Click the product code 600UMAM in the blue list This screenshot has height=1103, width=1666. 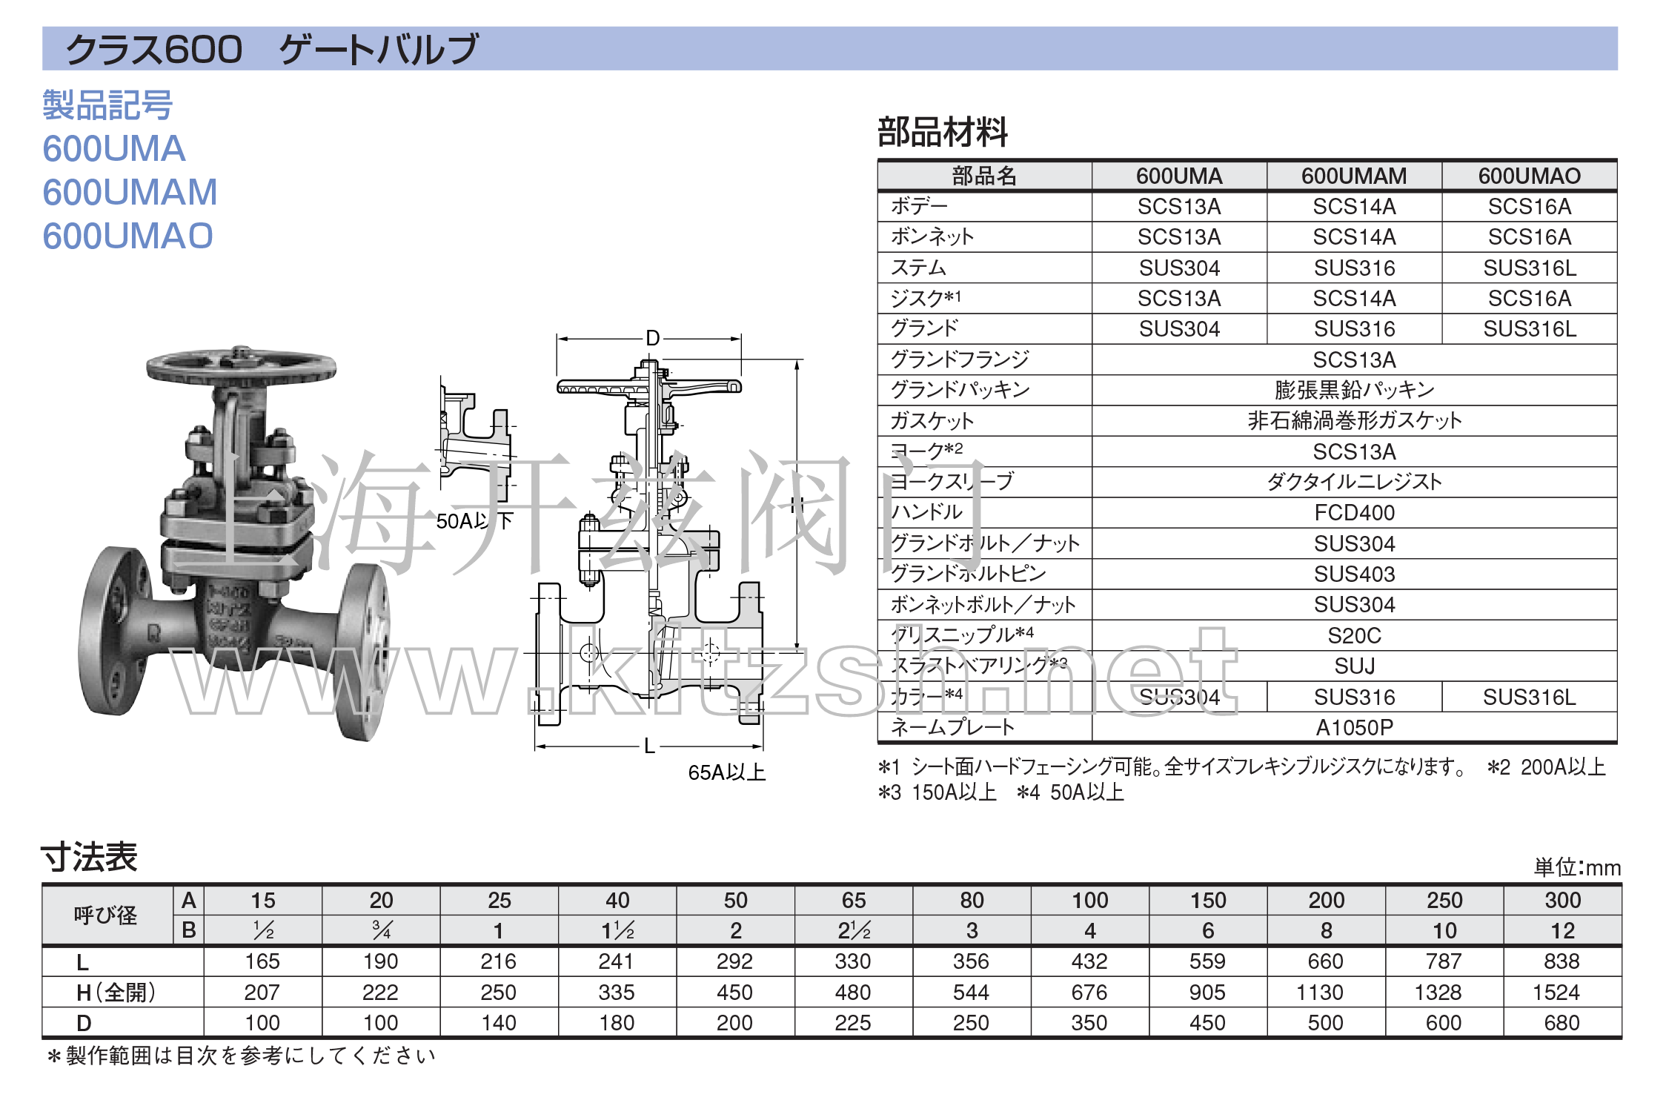click(130, 193)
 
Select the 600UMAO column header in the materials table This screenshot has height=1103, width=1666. click(1529, 176)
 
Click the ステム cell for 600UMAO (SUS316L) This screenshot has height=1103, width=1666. click(1529, 268)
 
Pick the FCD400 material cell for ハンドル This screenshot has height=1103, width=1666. click(1354, 512)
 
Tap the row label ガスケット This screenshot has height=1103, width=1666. click(932, 420)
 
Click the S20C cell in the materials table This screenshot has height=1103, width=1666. click(1354, 635)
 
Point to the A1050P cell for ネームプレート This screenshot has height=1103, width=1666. click(1354, 727)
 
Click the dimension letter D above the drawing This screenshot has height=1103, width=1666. click(652, 338)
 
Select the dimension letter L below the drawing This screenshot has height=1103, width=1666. click(649, 746)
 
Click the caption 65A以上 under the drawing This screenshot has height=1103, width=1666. click(726, 772)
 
